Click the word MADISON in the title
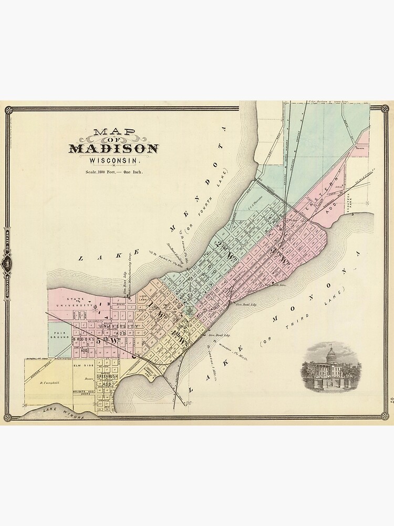[x=113, y=148]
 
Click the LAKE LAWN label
[x=143, y=298]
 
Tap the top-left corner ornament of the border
[x=8, y=109]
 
